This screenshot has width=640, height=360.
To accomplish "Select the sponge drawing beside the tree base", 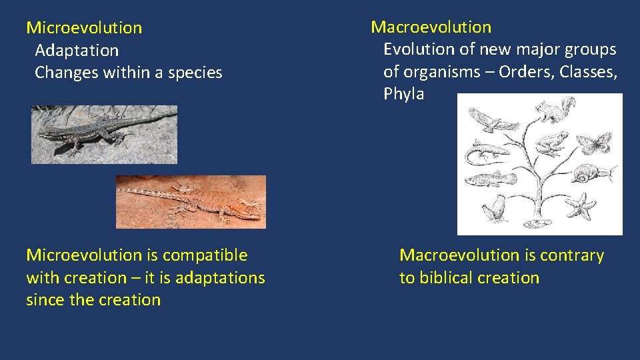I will (494, 209).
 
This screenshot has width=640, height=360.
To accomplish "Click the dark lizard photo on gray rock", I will (104, 134).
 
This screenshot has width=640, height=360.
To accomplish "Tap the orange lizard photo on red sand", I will (191, 201).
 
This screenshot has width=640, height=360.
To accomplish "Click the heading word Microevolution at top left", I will (84, 28).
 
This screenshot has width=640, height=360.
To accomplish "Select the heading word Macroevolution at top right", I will (431, 27).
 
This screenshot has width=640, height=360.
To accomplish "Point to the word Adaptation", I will (77, 51).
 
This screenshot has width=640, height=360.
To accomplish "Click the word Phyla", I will (403, 94).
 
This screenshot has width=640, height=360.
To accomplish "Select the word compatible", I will (205, 255).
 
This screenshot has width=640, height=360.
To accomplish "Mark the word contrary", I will (571, 255).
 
